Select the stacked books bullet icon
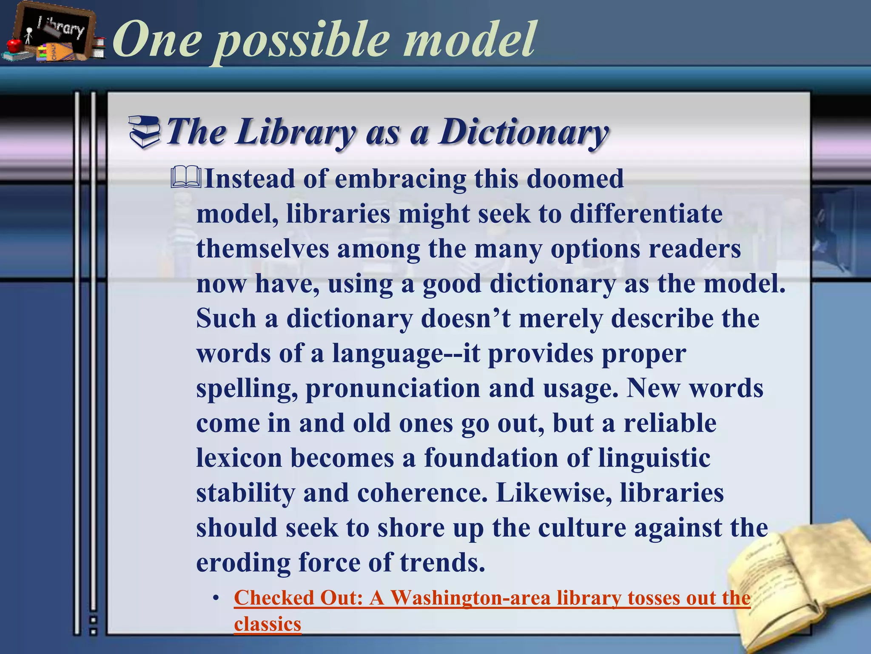[145, 132]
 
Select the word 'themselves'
[263, 249]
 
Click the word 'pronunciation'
[393, 388]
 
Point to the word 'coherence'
[422, 493]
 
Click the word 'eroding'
[243, 563]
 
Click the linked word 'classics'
[268, 624]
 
